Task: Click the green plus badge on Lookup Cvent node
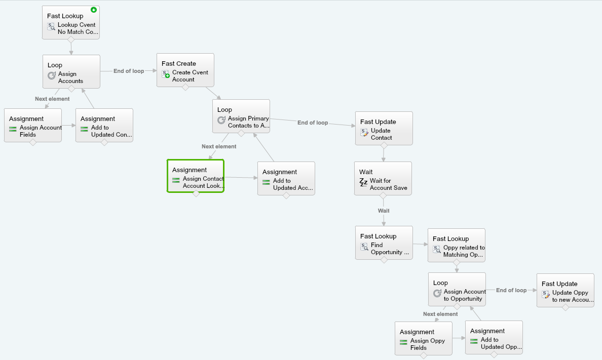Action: point(94,10)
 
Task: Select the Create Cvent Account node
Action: point(185,70)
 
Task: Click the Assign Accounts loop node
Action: point(71,72)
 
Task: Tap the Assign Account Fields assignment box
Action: point(33,126)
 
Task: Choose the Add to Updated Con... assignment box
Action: point(104,126)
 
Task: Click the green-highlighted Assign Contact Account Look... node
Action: point(196,176)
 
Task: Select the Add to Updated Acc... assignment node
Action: point(286,178)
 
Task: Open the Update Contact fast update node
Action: point(384,129)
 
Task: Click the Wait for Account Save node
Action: point(383,178)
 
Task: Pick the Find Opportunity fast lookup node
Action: point(384,243)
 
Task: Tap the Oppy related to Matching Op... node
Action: point(457,246)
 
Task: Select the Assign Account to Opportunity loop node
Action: point(457,290)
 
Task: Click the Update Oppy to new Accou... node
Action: point(566,291)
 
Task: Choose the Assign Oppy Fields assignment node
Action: point(424,339)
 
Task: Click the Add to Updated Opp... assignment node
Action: point(494,337)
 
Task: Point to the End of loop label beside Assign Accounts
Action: point(129,71)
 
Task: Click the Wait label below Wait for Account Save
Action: point(384,211)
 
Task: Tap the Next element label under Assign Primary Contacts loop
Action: point(219,147)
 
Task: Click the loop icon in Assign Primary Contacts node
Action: point(221,120)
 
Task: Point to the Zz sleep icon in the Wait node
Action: point(363,182)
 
